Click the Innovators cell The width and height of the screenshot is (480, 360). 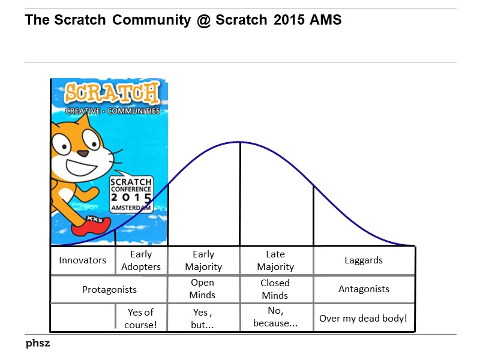82,260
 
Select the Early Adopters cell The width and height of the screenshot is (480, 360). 141,260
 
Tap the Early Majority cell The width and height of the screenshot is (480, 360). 203,260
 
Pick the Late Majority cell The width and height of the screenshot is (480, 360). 275,260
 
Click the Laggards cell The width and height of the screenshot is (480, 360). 364,260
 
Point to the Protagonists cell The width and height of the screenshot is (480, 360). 109,289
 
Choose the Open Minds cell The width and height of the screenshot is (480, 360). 203,289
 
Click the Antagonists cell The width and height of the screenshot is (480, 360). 364,289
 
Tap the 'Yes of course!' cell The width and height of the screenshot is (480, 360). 141,317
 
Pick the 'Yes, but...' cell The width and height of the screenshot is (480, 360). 203,317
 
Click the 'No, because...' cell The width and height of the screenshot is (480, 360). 275,317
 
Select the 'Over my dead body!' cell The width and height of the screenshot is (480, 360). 363,318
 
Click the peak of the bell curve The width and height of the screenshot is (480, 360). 240,142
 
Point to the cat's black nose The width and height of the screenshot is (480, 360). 82,154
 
